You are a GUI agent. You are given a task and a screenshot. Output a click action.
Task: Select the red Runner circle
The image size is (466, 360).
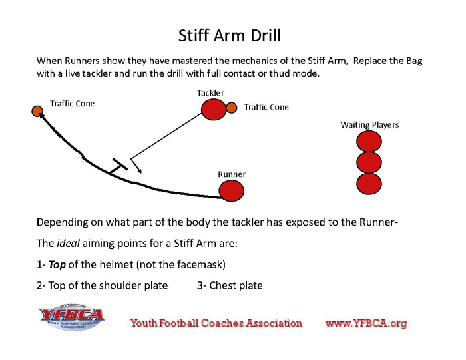[x=232, y=191]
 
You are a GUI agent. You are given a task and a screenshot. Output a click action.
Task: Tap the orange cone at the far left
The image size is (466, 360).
[x=37, y=110]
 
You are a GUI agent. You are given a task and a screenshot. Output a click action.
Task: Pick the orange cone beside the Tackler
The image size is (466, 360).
[x=232, y=107]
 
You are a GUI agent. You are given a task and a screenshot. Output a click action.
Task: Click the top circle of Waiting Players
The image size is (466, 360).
[x=369, y=141]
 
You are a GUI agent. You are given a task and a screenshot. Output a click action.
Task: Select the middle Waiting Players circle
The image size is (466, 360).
[x=369, y=162]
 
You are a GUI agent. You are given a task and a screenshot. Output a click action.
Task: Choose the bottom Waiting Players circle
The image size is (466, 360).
[x=369, y=184]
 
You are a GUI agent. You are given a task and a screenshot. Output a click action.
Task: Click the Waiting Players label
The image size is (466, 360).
[x=369, y=124]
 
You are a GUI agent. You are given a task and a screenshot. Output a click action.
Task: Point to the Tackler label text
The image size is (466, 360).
[x=210, y=93]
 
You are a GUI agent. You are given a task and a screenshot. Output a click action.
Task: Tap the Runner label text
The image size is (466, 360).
[x=232, y=174]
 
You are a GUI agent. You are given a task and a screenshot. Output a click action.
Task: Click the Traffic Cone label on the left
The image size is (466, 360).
[x=73, y=104]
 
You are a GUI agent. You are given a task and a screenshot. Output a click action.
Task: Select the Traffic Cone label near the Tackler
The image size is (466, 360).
[x=266, y=107]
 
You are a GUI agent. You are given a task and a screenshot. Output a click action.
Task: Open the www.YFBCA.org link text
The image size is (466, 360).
[x=365, y=323]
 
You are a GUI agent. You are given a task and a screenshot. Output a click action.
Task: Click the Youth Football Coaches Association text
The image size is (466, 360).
[x=216, y=323]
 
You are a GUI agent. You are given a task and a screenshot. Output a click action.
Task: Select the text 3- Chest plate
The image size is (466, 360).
[x=230, y=285]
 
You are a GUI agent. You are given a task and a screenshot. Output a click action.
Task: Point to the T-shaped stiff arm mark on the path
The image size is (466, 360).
[x=118, y=166]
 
